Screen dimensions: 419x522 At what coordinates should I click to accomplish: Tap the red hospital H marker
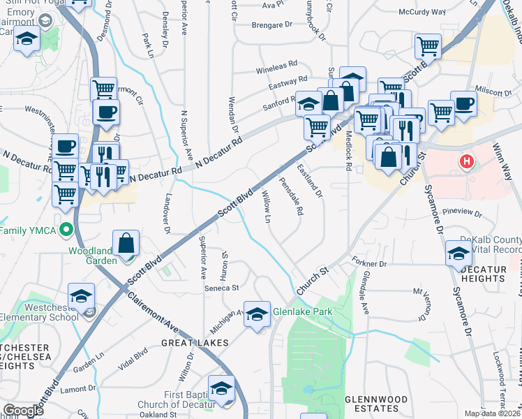pyautogui.click(x=468, y=162)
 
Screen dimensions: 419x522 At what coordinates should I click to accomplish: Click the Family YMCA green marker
pyautogui.click(x=66, y=228)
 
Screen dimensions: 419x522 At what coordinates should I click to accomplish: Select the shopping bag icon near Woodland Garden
pyautogui.click(x=126, y=244)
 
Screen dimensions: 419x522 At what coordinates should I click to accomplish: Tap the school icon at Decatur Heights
pyautogui.click(x=459, y=253)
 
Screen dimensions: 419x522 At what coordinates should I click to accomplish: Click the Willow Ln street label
pyautogui.click(x=267, y=206)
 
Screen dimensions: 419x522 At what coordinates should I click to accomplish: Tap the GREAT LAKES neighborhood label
pyautogui.click(x=185, y=343)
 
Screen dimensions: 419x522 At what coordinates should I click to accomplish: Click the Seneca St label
pyautogui.click(x=222, y=287)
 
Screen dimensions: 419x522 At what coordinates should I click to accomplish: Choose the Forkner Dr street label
pyautogui.click(x=370, y=264)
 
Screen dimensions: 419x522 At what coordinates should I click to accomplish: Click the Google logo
pyautogui.click(x=23, y=411)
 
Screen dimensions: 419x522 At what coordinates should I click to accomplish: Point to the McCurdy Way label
pyautogui.click(x=422, y=12)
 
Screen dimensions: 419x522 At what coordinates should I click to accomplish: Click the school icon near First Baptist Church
pyautogui.click(x=223, y=388)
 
